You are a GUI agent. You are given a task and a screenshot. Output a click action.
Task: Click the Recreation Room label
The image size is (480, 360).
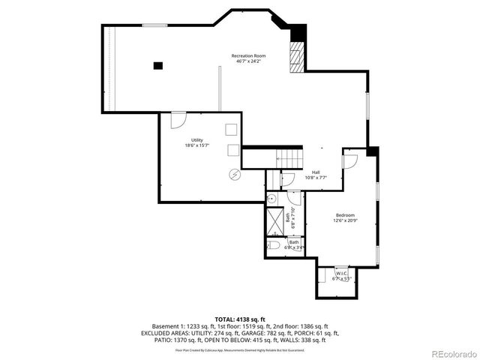click(x=248, y=55)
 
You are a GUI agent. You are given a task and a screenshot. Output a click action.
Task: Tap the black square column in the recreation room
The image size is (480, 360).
click(x=158, y=65)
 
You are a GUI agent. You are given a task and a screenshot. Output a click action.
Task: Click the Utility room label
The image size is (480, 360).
click(x=196, y=139)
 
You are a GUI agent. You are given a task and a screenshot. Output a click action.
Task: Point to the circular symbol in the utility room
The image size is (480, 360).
click(x=233, y=174)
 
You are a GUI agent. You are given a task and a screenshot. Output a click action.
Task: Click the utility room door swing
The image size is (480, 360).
click(x=178, y=120)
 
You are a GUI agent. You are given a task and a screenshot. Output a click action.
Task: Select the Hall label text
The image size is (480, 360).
click(x=316, y=172)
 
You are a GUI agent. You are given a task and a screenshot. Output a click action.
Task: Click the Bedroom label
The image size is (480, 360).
click(x=344, y=214)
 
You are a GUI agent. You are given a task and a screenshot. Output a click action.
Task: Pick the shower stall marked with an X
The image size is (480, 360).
click(x=275, y=218)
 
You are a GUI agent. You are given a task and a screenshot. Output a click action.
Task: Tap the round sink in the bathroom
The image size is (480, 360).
click(x=274, y=198)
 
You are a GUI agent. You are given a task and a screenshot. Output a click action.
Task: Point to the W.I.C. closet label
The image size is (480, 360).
click(x=341, y=274)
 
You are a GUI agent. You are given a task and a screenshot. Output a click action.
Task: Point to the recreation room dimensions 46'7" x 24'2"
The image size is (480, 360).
click(x=248, y=61)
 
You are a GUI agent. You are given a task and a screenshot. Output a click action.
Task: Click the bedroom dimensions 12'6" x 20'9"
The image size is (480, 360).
click(x=344, y=220)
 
